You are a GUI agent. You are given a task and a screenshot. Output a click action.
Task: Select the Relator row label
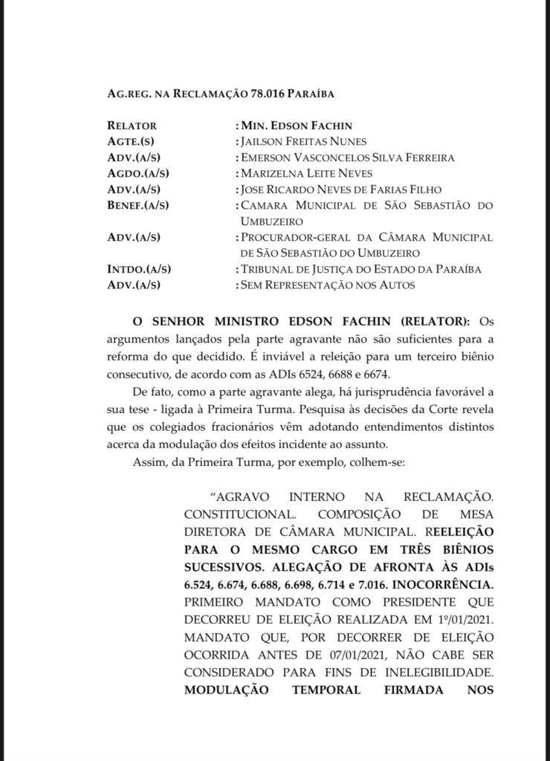(x=132, y=126)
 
